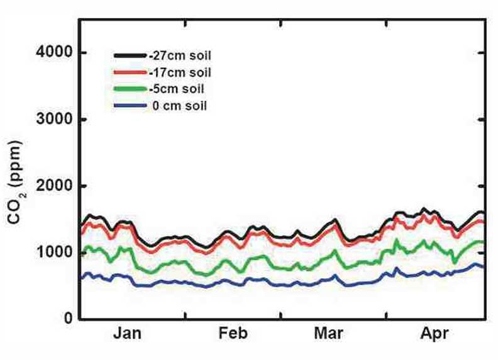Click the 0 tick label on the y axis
pyautogui.click(x=66, y=319)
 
